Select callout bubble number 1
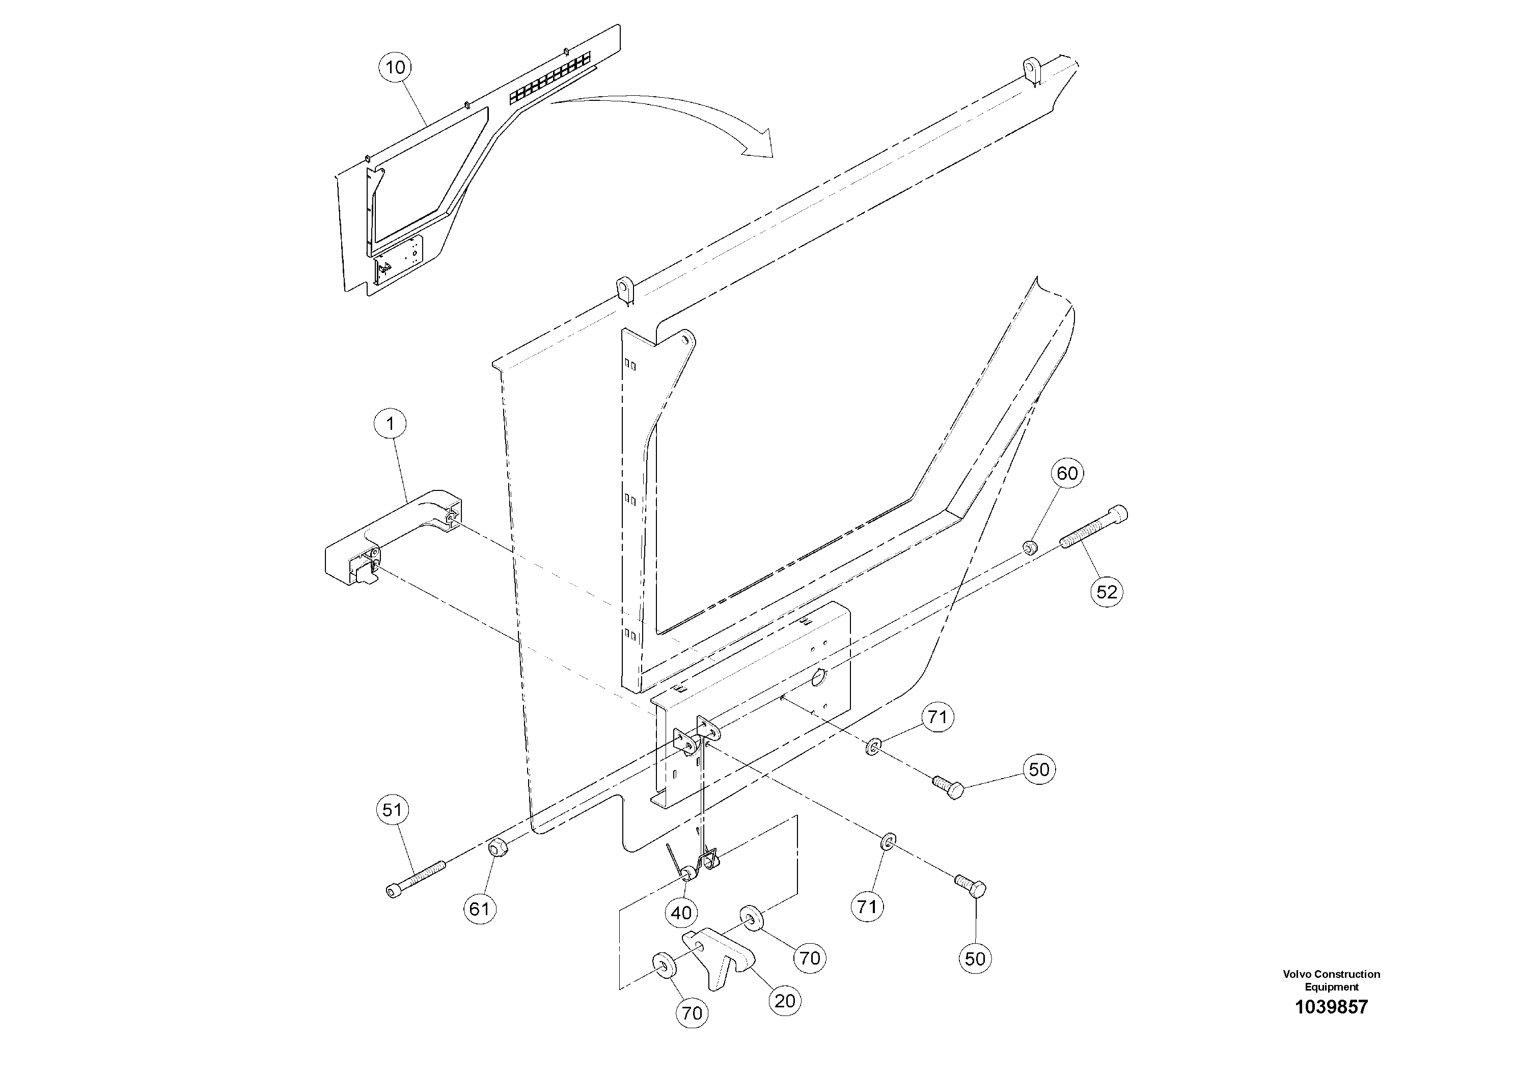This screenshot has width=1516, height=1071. [390, 424]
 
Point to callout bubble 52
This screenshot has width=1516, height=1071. [1107, 592]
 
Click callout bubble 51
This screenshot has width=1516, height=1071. [392, 810]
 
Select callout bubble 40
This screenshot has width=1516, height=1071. [681, 913]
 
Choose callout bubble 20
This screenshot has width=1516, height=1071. [785, 1001]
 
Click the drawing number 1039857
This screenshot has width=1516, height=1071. [1331, 1007]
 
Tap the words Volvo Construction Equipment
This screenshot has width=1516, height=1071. [1331, 980]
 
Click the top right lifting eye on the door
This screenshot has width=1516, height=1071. [1031, 69]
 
